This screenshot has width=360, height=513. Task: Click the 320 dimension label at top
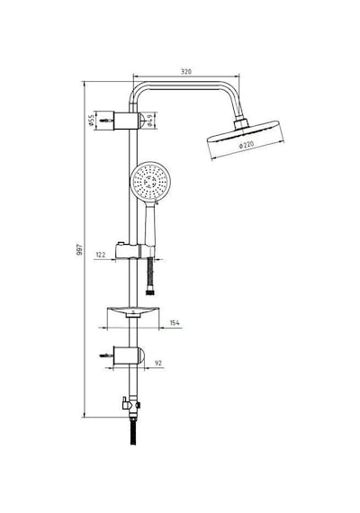pos(186,71)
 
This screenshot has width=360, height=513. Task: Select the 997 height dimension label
pos(79,249)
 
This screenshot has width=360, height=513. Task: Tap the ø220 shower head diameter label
pos(247,144)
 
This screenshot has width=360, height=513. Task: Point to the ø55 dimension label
pos(91,121)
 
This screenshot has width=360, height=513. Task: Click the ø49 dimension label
pos(150,121)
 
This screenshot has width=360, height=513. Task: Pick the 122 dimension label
pos(101,254)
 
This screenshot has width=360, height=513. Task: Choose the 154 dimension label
pos(175,323)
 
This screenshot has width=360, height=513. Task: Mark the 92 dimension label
pos(158,364)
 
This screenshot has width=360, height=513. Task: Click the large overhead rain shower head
pos(245,137)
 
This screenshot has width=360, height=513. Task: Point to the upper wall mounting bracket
pos(128,121)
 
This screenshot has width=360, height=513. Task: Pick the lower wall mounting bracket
pos(128,355)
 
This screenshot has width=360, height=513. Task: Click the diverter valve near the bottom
pos(131,406)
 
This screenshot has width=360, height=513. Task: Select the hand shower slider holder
pos(134,251)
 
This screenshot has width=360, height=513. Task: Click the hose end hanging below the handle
pos(150,276)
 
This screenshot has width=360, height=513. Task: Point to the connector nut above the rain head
pos(241,124)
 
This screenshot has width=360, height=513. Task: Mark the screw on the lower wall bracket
pos(105,355)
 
